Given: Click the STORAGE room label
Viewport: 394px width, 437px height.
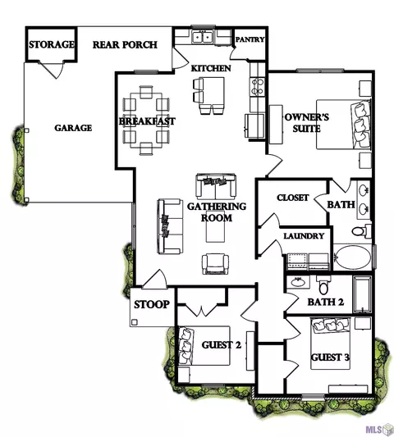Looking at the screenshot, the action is coord(52,44).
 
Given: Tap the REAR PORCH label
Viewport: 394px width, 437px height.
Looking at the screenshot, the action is coord(125,44).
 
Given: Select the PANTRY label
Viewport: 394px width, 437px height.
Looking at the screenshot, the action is coord(250,39).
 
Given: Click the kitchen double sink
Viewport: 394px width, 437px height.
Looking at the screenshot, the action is coord(203,37).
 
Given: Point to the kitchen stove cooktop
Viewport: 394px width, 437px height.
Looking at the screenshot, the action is coord(258,87).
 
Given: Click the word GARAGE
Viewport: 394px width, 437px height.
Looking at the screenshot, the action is coord(73,128).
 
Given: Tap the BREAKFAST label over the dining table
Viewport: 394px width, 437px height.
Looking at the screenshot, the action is coord(147,121).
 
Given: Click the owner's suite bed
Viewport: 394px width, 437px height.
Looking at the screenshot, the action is coord(343,125).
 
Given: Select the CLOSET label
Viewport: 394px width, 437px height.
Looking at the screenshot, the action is coord(293,198).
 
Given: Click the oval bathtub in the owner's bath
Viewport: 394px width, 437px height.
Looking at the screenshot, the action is coord(353,257).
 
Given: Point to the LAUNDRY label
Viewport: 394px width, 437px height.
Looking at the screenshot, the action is coord(304,236).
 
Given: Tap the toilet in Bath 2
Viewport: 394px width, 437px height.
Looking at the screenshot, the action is coord(323,285).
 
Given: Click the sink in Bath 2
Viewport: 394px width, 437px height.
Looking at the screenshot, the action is coord(298,282).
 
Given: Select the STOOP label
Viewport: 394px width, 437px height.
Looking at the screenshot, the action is coord(152,304).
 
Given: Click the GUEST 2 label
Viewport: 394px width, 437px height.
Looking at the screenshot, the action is coord(222,345).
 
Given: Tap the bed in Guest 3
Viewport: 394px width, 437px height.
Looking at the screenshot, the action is coord(330,344).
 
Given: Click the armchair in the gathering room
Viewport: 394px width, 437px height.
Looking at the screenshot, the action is coord(215,264).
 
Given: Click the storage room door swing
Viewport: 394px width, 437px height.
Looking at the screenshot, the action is coord(52,69).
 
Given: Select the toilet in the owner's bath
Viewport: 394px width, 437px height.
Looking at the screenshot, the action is coord(361,230).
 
